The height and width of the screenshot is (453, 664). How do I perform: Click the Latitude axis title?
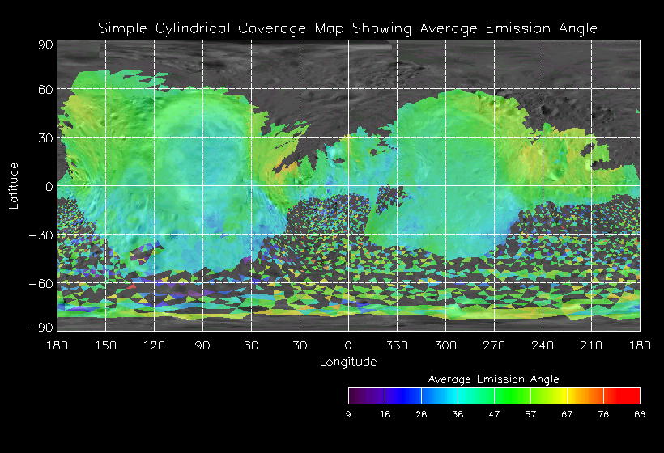(14, 186)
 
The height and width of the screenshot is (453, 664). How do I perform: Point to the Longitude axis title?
(348, 362)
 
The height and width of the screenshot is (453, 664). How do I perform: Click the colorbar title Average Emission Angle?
(493, 379)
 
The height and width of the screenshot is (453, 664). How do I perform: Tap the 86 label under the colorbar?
(639, 414)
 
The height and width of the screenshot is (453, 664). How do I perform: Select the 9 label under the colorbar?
(348, 414)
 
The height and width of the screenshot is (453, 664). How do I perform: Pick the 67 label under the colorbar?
(567, 414)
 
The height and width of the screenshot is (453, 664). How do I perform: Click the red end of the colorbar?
(630, 396)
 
